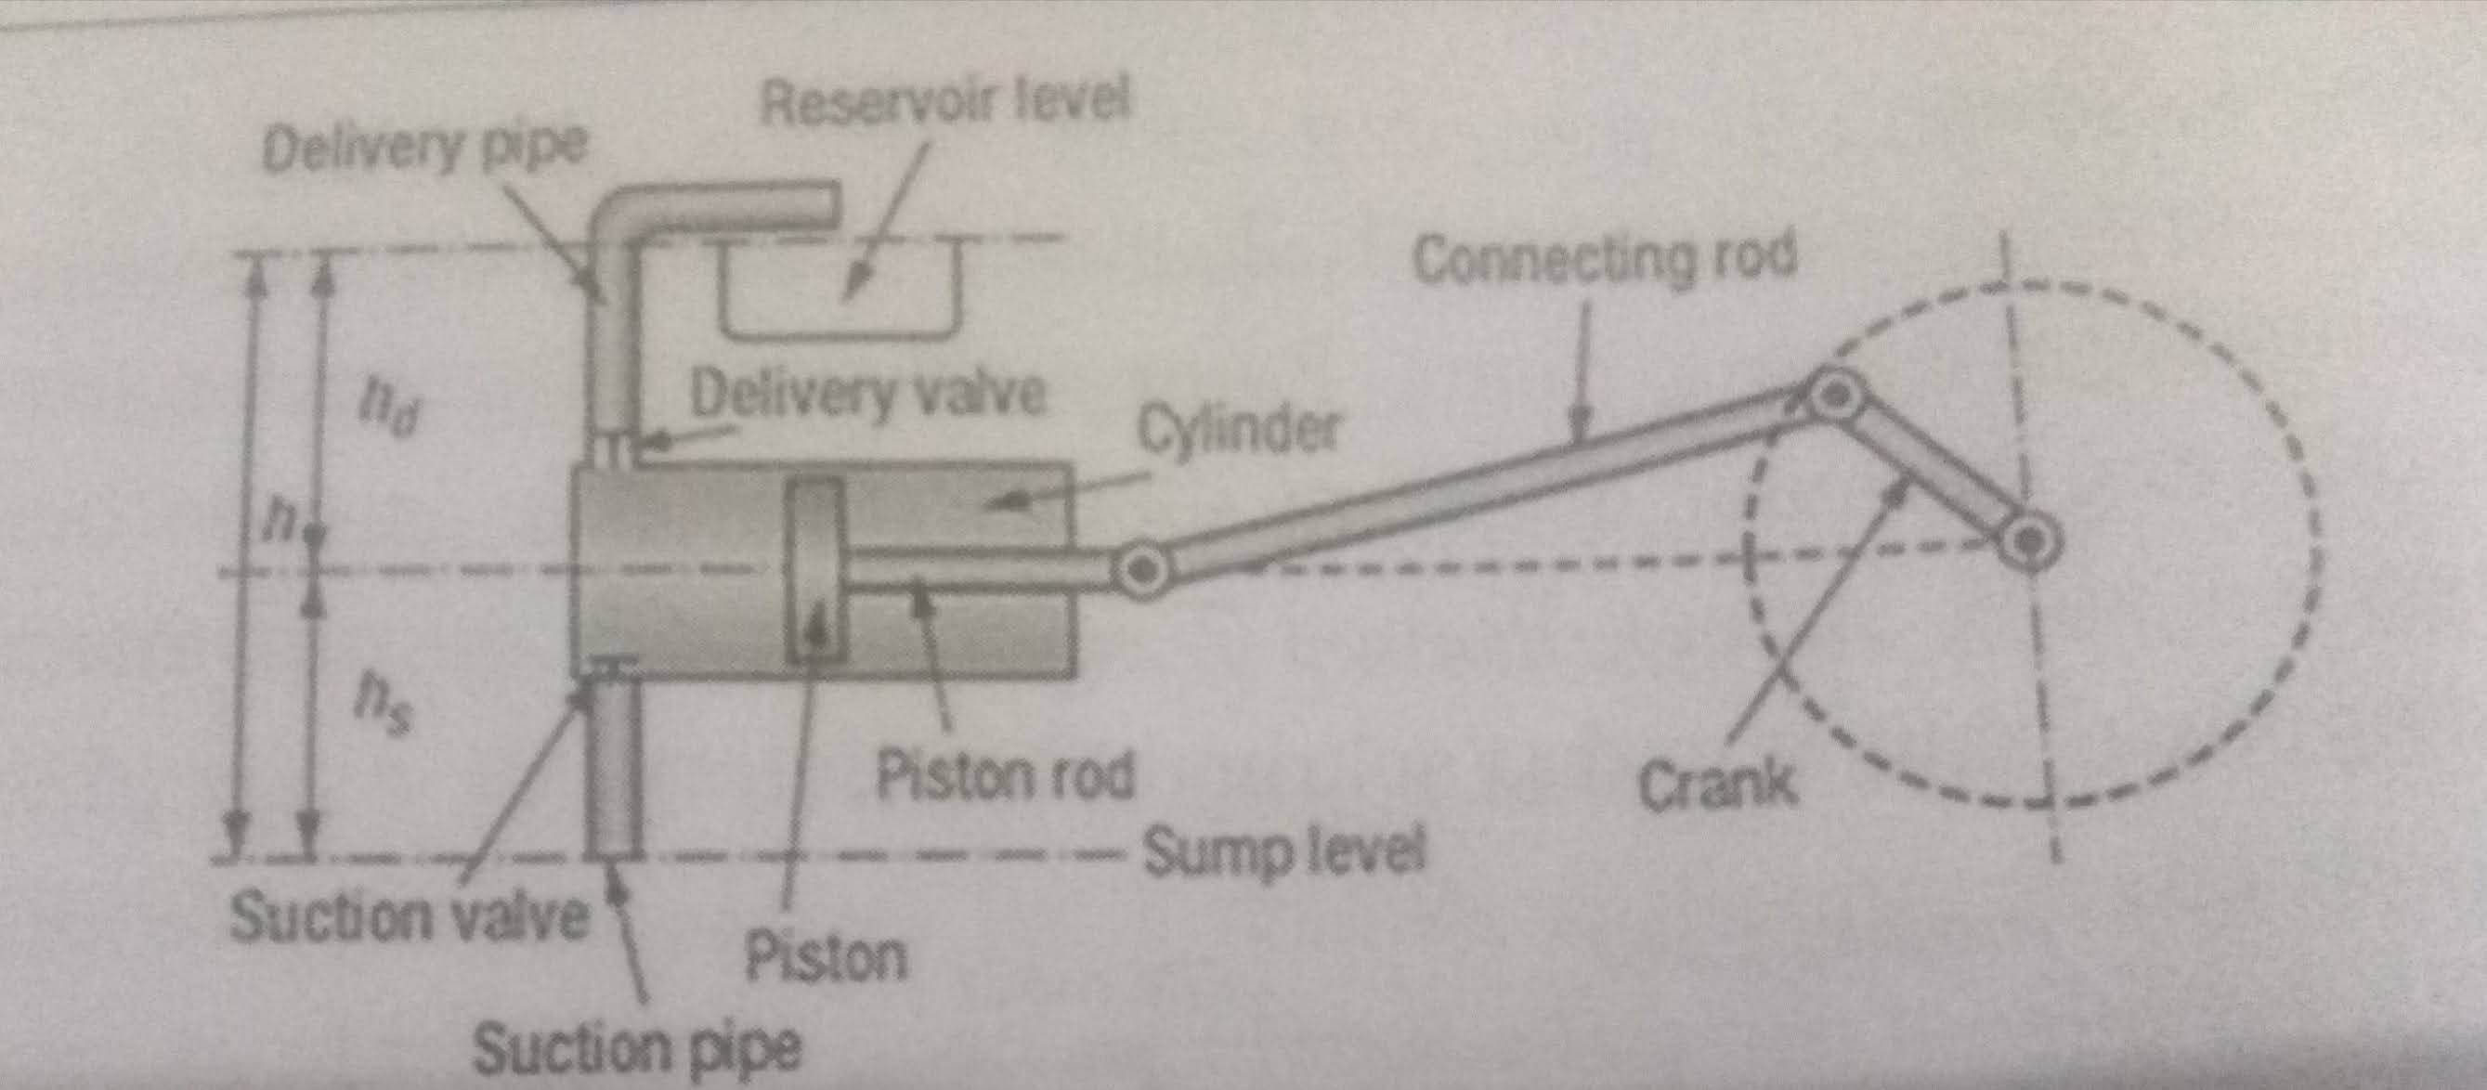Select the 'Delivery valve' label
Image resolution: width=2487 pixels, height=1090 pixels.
pyautogui.click(x=867, y=395)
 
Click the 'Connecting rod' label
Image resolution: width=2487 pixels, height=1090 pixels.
pyautogui.click(x=1604, y=259)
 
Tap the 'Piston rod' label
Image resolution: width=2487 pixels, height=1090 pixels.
pyautogui.click(x=1005, y=775)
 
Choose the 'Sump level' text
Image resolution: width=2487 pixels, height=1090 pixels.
pyautogui.click(x=1284, y=852)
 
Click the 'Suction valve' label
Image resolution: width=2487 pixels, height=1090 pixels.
pyautogui.click(x=409, y=915)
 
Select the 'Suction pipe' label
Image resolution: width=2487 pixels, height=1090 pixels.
pyautogui.click(x=637, y=1048)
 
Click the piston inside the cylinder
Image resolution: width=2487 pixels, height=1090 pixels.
pyautogui.click(x=814, y=572)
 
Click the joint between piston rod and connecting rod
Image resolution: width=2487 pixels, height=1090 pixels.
pyautogui.click(x=1143, y=570)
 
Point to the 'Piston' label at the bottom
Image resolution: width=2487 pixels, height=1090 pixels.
pyautogui.click(x=827, y=956)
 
